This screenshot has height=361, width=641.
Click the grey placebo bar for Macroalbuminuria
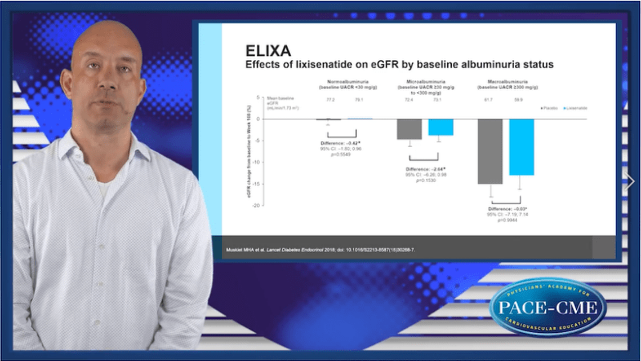click(x=490, y=151)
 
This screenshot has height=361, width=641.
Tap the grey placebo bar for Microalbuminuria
click(x=409, y=129)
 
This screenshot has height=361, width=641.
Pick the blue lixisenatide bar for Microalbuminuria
click(x=440, y=127)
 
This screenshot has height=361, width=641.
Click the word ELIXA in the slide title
click(x=268, y=51)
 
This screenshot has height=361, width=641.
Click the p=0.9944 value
click(x=508, y=219)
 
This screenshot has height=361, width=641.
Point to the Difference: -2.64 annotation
click(x=425, y=169)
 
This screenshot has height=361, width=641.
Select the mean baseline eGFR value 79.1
click(x=359, y=99)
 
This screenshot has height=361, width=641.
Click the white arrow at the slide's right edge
click(x=630, y=181)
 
